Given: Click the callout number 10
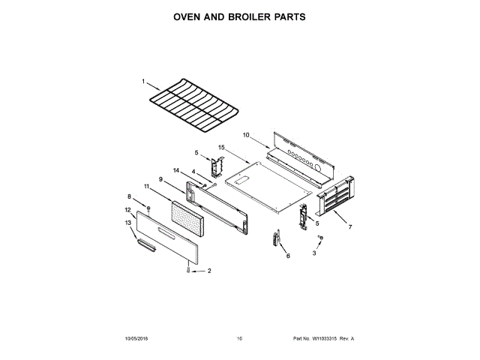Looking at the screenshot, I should [245, 135].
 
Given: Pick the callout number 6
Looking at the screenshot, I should [287, 256].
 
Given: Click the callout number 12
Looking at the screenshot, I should [127, 210].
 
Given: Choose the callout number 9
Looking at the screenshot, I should [160, 178].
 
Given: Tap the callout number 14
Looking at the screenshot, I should [177, 170].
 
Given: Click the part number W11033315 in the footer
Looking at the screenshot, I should [324, 338].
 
